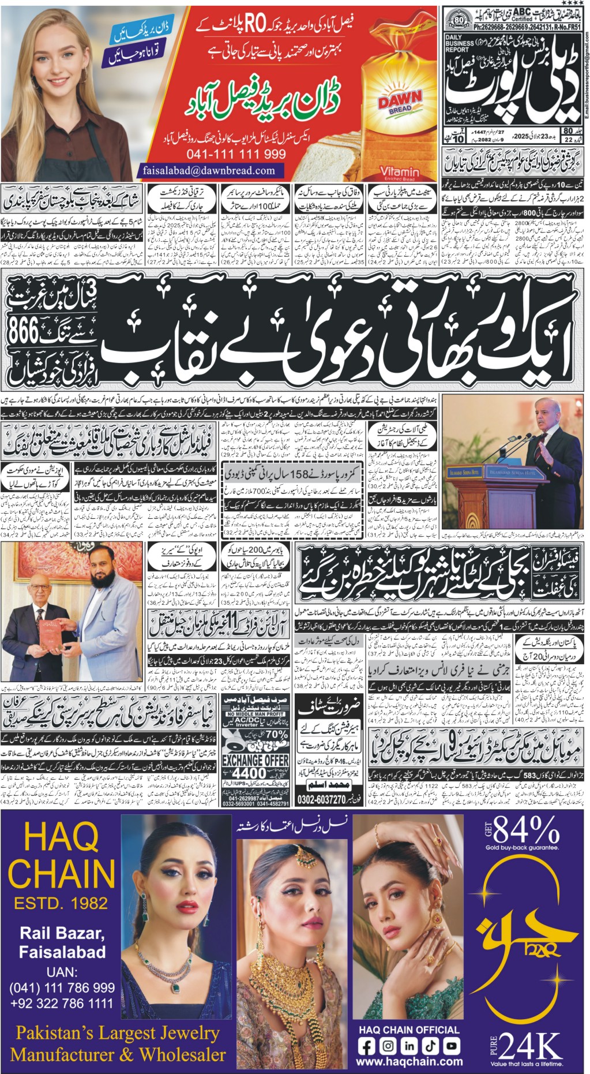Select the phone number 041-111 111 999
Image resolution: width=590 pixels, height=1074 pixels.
(236, 154)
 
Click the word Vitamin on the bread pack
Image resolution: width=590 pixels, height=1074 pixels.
(400, 172)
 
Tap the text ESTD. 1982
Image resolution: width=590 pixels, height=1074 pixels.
(62, 902)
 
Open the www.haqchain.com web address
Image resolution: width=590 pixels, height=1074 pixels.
(409, 1061)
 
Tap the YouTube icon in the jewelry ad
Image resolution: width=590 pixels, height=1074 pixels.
(451, 1045)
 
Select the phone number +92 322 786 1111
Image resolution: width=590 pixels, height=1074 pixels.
(62, 1002)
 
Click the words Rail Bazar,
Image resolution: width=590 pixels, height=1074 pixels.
(62, 933)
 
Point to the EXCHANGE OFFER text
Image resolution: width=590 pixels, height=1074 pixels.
(255, 761)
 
